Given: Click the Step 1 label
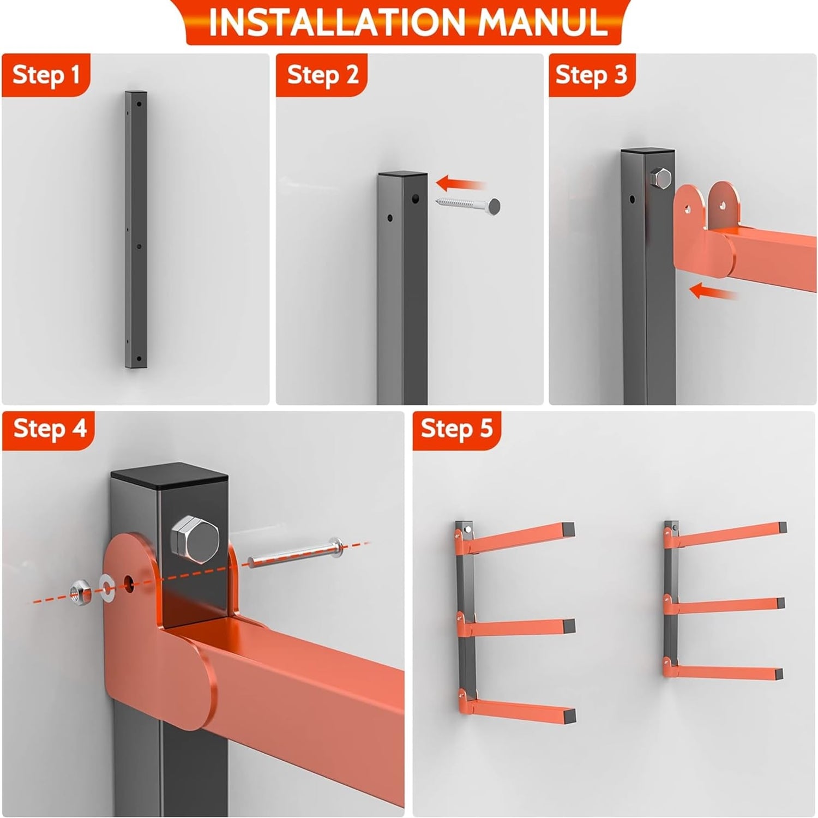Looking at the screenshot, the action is click(46, 75).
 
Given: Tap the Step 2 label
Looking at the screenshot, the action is click(323, 75).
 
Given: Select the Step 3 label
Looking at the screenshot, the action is click(592, 75).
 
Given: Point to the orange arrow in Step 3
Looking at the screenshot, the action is click(713, 292).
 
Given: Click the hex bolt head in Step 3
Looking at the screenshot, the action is click(660, 178).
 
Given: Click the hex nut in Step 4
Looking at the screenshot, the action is click(80, 590).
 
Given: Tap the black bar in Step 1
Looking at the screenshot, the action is click(136, 230).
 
